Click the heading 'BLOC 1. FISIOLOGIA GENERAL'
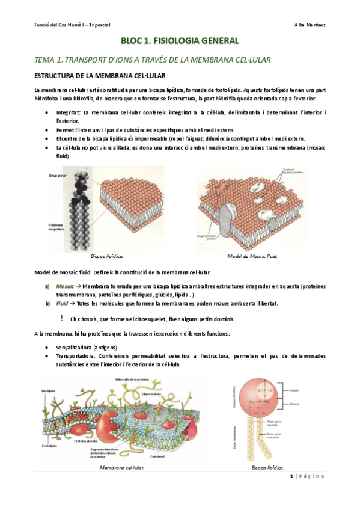[x=180, y=41]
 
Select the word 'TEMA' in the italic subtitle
[x=46, y=60]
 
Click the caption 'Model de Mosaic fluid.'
[x=252, y=256]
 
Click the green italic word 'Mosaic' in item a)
[x=65, y=287]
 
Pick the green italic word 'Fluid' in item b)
[x=63, y=304]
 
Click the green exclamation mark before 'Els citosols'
[x=62, y=318]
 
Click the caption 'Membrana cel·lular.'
[x=123, y=466]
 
